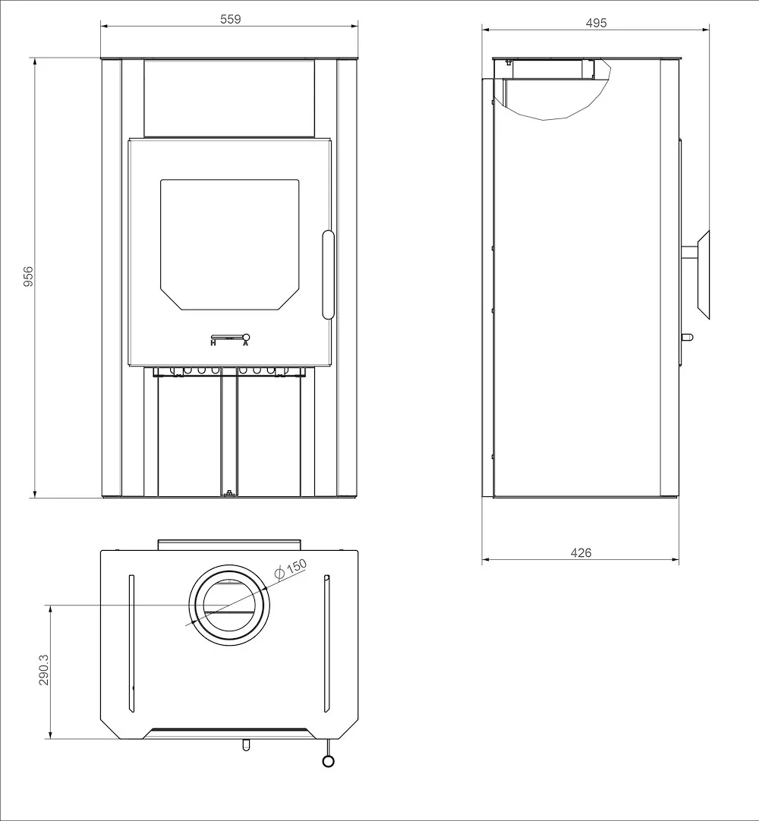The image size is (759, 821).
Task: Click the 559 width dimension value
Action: point(231,19)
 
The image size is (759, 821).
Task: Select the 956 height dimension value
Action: point(28,278)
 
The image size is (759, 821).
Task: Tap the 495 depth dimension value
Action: point(597,23)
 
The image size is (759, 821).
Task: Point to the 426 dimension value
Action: point(581,553)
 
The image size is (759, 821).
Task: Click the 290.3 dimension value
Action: point(43,671)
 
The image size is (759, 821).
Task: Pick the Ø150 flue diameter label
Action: point(291,569)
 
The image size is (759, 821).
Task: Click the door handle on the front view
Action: point(327,274)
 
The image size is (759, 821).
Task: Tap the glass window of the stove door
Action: point(228,243)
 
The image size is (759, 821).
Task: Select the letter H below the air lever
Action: point(213,344)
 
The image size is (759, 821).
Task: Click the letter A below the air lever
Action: point(245,344)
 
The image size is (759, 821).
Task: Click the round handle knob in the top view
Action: point(328,761)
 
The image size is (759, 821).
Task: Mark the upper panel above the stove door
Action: point(228,98)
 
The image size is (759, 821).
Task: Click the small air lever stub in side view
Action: point(686,337)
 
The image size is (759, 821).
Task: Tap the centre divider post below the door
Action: point(228,436)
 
